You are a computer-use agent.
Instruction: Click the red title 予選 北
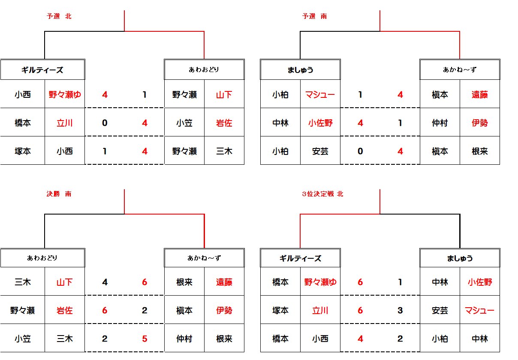click(59, 16)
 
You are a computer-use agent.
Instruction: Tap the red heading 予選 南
click(314, 16)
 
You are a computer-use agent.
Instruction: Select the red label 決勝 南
click(59, 194)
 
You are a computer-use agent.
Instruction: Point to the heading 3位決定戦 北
click(322, 194)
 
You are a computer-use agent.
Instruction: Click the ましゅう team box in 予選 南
click(300, 70)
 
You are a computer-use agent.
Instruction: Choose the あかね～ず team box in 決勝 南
click(204, 258)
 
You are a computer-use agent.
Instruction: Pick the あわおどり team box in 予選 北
click(204, 70)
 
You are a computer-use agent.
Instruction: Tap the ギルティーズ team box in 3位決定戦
click(300, 258)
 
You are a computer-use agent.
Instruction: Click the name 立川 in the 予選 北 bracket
click(65, 123)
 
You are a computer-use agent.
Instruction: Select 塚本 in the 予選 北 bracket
click(23, 151)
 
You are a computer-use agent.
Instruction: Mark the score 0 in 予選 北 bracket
click(105, 123)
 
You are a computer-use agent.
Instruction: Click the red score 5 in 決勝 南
click(145, 339)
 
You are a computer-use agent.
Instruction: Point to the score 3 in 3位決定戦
click(401, 310)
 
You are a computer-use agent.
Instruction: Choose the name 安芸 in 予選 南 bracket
click(320, 151)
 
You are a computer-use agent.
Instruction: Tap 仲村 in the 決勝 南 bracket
click(184, 339)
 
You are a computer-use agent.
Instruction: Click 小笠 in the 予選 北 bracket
click(184, 123)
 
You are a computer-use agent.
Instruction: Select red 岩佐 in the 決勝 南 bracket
click(65, 310)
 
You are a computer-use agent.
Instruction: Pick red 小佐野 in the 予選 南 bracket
click(320, 123)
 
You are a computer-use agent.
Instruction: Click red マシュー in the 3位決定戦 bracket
click(479, 310)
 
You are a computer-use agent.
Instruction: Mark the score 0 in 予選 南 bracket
click(360, 151)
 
